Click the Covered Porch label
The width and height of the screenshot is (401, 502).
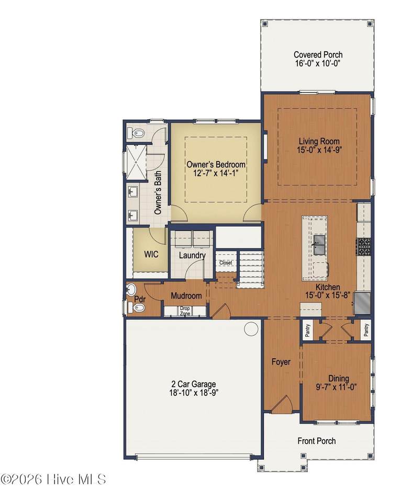[x=318, y=55]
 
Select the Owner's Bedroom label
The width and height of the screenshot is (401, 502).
[x=216, y=165]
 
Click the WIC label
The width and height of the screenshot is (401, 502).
[x=151, y=254]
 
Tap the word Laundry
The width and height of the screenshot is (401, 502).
[x=192, y=256]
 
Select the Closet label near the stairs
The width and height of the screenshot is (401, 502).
[x=226, y=263]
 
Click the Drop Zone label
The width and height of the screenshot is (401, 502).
[x=185, y=311]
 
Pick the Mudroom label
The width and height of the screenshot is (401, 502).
[x=186, y=295]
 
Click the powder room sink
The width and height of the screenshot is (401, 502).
[x=131, y=290]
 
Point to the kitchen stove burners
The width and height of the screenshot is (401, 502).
[x=363, y=246]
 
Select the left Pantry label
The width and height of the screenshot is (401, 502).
[x=308, y=330]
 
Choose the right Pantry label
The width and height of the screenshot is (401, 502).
[x=366, y=330]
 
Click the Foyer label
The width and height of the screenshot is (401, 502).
[x=281, y=362]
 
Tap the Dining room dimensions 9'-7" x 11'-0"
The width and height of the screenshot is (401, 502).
[x=336, y=387]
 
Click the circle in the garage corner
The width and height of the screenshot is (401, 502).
[x=251, y=328]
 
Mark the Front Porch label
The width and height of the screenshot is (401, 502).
[x=317, y=441]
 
